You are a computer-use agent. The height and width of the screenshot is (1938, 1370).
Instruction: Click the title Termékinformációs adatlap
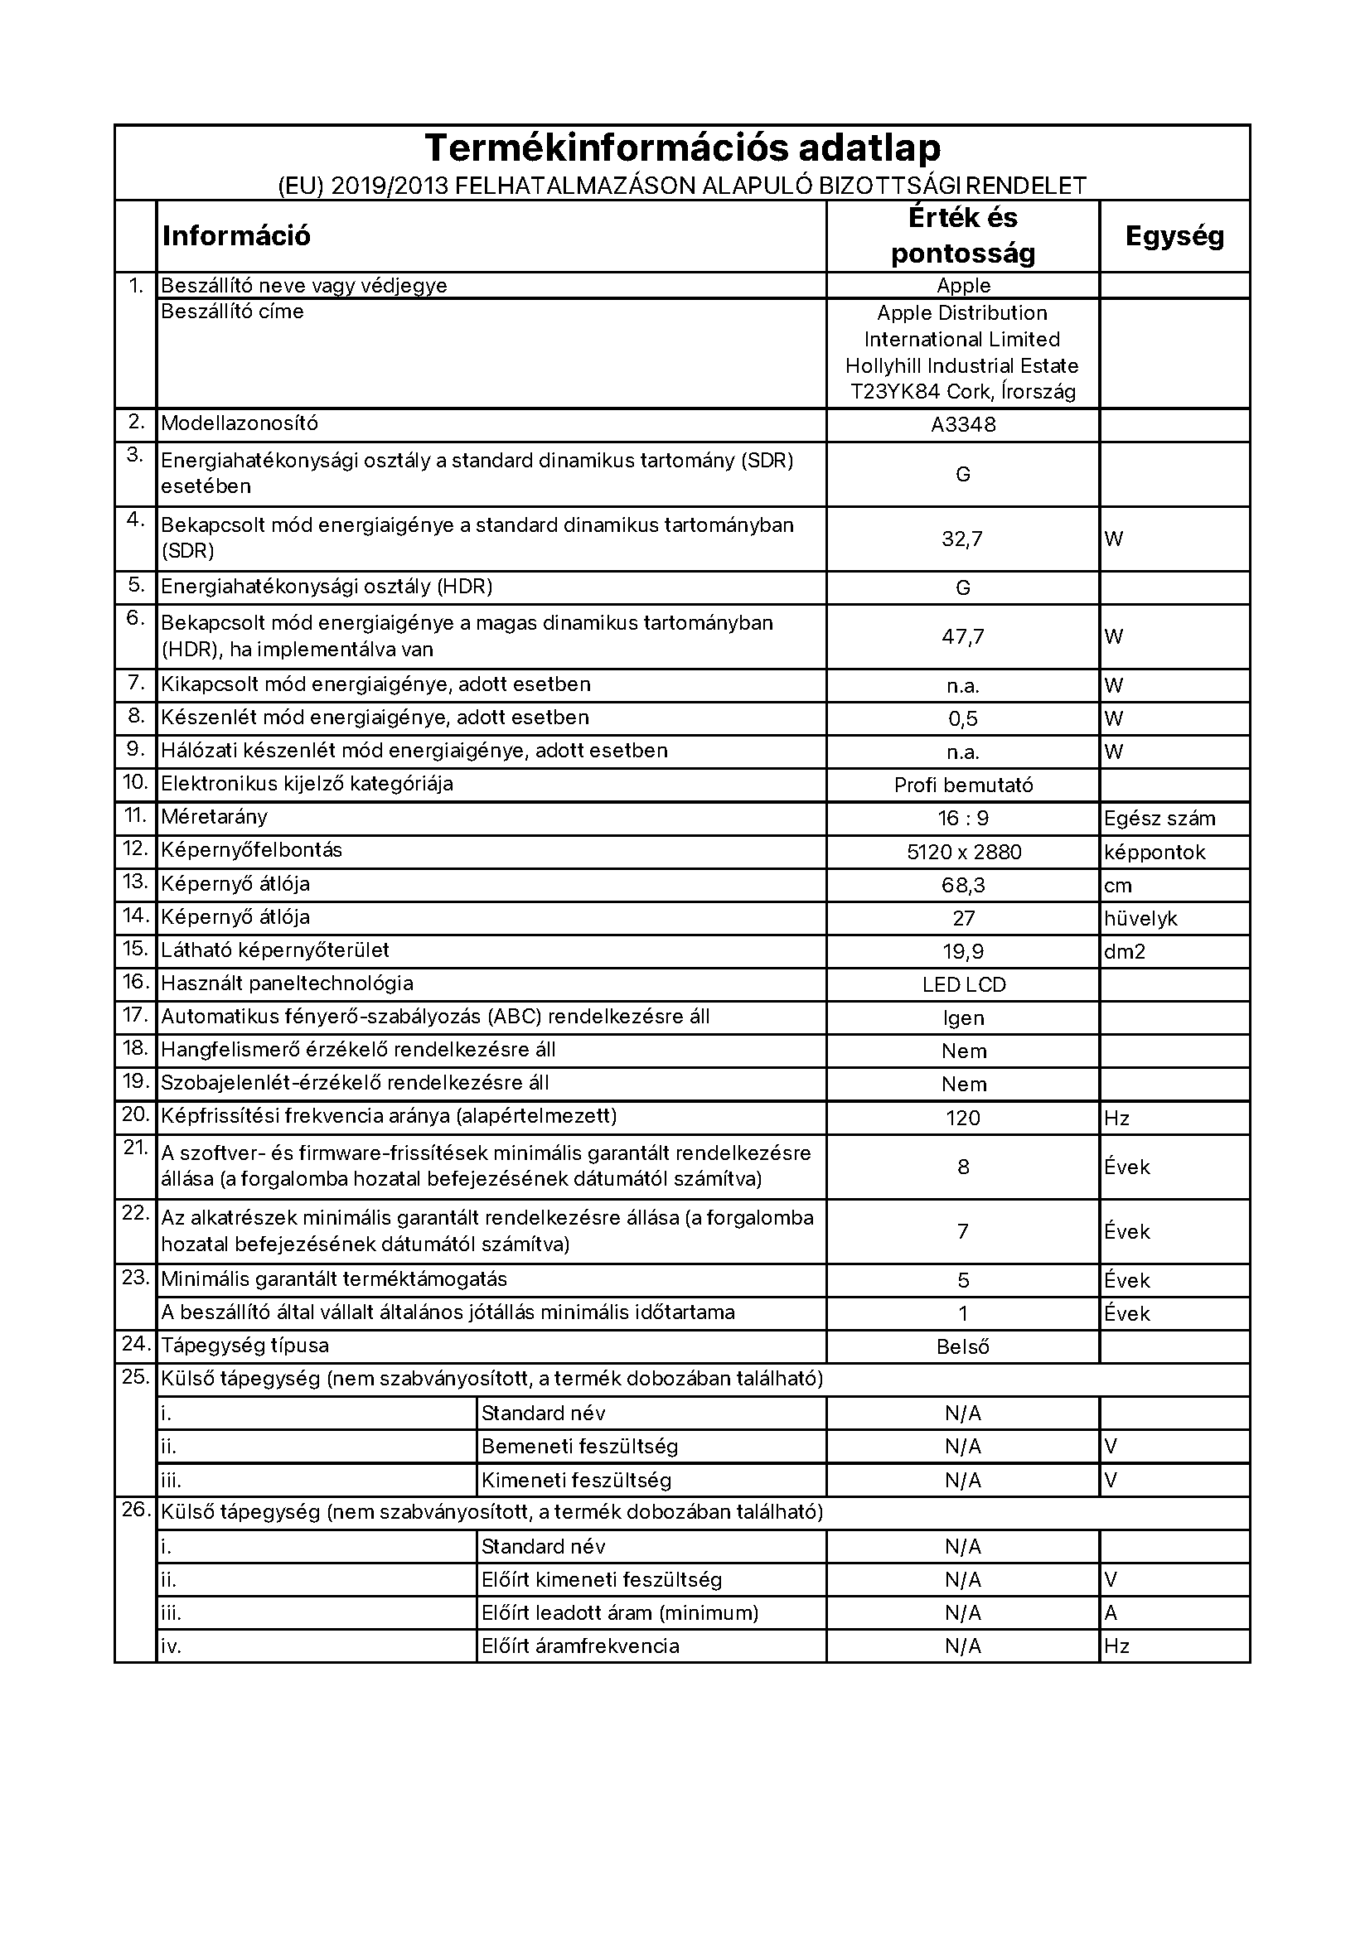coord(682,148)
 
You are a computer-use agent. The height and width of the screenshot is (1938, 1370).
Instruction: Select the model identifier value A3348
coord(963,424)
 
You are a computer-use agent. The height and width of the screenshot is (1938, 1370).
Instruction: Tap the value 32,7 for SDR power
coord(962,539)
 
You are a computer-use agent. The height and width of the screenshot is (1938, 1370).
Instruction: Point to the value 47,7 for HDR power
coord(962,636)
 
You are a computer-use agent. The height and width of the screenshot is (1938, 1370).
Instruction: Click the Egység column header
coord(1174,236)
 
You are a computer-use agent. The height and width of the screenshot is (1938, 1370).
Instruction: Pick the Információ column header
coord(236,236)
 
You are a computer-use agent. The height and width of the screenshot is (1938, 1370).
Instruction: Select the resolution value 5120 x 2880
coord(964,853)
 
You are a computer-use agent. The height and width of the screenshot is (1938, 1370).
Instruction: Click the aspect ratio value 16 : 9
coord(963,819)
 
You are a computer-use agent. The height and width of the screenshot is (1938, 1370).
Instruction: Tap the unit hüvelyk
coord(1140,918)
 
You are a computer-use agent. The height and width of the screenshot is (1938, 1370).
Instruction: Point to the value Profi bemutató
coord(963,785)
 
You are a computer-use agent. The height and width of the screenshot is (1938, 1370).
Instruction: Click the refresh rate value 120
coord(963,1119)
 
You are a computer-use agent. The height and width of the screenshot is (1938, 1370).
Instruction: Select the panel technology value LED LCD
coord(964,985)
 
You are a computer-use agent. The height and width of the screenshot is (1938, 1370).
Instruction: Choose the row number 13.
coord(136,882)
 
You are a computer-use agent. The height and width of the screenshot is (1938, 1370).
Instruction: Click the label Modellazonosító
coord(240,423)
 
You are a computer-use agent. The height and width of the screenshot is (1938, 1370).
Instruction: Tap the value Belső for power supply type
coord(963,1347)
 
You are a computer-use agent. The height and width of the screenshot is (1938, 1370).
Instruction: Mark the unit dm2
coord(1125,952)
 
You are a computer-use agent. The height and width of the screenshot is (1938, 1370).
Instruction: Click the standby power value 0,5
coord(963,719)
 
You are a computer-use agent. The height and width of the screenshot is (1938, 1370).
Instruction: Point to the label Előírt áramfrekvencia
coord(580,1646)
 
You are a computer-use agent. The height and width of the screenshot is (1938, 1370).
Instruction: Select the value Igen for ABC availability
coord(963,1019)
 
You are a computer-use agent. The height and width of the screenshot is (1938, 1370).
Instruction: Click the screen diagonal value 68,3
coord(963,886)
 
